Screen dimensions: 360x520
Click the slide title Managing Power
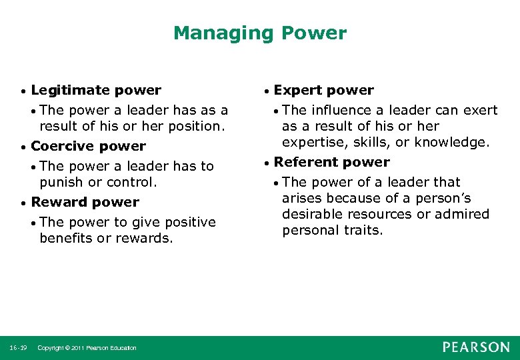pos(260,33)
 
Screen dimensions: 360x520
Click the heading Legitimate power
pos(96,90)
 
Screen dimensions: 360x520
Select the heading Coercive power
pos(88,146)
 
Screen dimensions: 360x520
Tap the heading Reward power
pos(85,202)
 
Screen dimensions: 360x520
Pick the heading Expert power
pos(324,90)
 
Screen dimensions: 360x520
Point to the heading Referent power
pos(331,162)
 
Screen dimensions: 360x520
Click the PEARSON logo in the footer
pos(476,347)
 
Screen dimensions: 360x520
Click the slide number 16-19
pos(19,348)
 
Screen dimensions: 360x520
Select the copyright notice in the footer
pos(87,348)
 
